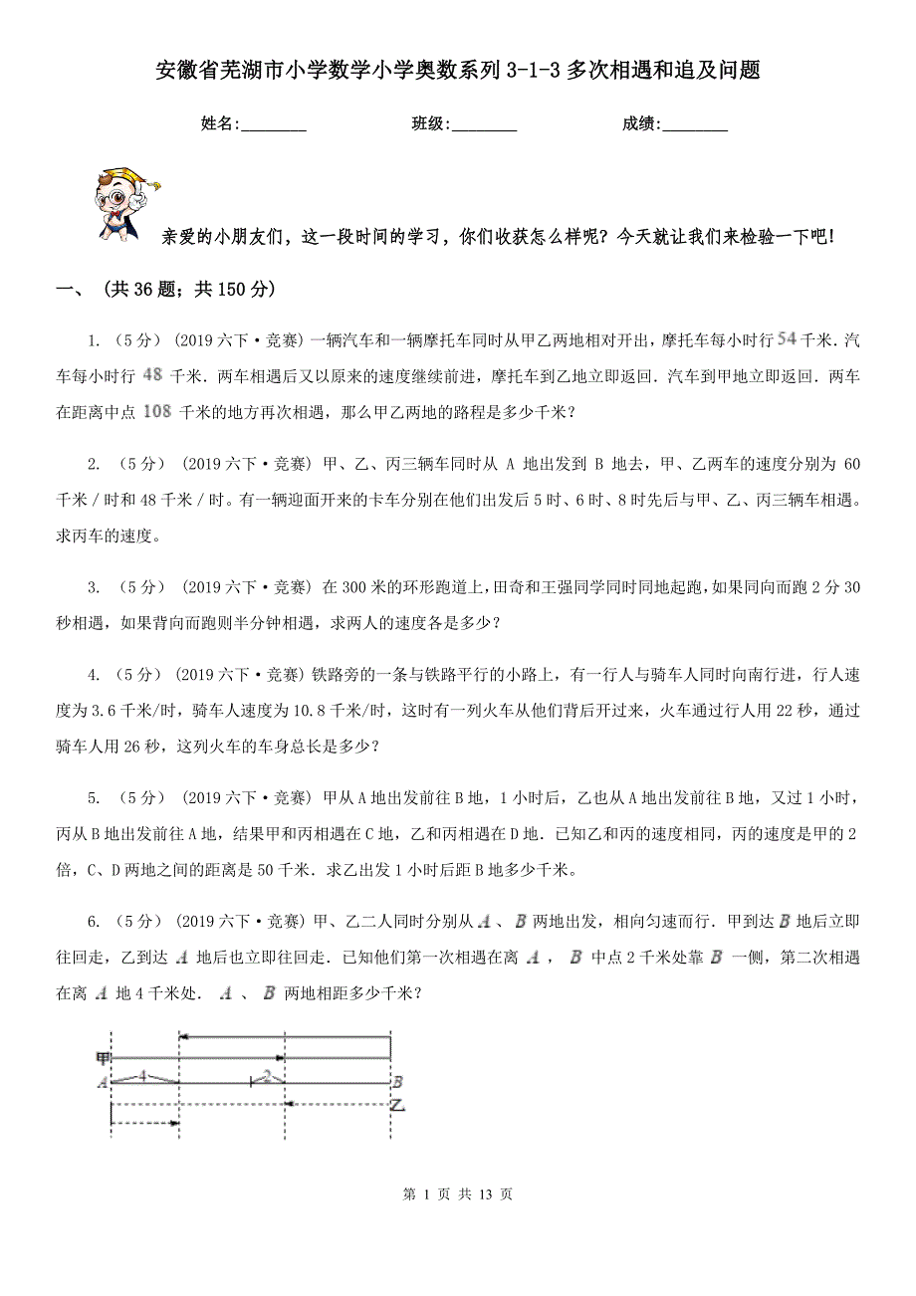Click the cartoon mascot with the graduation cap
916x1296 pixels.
pyautogui.click(x=125, y=203)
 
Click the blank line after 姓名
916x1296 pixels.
pyautogui.click(x=274, y=124)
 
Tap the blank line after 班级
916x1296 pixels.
pyautogui.click(x=484, y=124)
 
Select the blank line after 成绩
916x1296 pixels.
pyautogui.click(x=695, y=124)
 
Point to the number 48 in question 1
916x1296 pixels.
pyautogui.click(x=153, y=374)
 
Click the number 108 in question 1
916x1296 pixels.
pyautogui.click(x=156, y=410)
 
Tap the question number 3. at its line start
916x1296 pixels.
pyautogui.click(x=93, y=587)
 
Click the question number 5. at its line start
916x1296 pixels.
pyautogui.click(x=93, y=798)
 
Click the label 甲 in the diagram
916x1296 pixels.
pyautogui.click(x=102, y=1057)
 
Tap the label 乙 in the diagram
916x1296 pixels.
pyautogui.click(x=396, y=1106)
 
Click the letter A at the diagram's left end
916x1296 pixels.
pyautogui.click(x=102, y=1083)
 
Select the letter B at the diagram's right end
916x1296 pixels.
pyautogui.click(x=396, y=1082)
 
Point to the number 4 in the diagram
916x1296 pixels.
pyautogui.click(x=143, y=1076)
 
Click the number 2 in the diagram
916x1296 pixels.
pyautogui.click(x=267, y=1076)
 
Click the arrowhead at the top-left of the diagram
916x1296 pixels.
pyautogui.click(x=183, y=1038)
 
